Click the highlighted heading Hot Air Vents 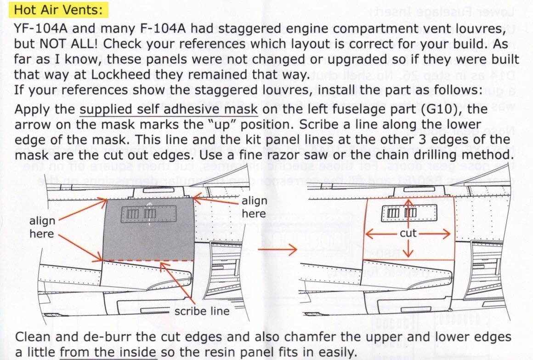(x=58, y=10)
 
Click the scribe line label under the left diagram (x=202, y=311)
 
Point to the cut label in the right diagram (x=408, y=233)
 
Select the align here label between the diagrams (x=254, y=207)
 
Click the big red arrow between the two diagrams (x=278, y=250)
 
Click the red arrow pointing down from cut (x=408, y=248)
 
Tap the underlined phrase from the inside (x=108, y=352)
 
